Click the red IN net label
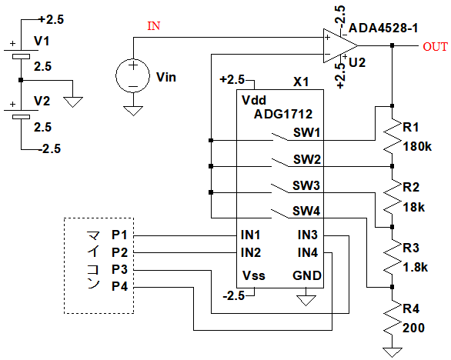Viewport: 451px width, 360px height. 154,26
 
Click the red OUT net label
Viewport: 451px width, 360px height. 435,47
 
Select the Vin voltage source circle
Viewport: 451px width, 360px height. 132,76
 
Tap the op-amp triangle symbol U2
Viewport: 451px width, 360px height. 340,45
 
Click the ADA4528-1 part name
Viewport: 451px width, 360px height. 383,28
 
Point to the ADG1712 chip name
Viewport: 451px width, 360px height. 283,114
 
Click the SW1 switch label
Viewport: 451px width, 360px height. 306,133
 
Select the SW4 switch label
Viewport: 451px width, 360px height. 306,212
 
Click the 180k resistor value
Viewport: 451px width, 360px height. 417,147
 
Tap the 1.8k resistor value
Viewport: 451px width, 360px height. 416,268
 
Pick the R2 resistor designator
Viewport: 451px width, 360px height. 411,187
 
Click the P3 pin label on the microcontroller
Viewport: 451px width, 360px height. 119,270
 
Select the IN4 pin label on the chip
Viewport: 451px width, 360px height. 308,253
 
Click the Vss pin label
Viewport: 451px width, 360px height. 254,275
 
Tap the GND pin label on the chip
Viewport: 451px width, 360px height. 307,275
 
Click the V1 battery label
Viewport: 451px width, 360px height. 42,41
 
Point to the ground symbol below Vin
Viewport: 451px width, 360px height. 133,111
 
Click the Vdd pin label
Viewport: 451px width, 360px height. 254,100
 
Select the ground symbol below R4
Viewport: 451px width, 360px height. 392,352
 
